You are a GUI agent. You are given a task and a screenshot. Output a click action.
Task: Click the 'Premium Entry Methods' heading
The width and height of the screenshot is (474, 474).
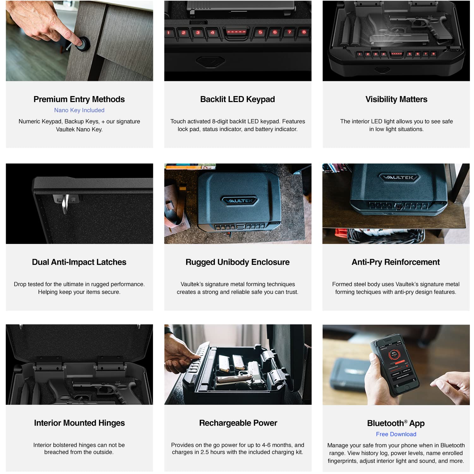79,99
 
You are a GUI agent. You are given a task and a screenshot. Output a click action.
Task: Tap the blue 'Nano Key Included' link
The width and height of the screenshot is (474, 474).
79,110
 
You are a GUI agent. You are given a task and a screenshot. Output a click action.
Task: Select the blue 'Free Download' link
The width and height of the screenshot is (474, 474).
396,434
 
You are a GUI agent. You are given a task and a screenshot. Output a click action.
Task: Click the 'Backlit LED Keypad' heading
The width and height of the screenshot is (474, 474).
238,99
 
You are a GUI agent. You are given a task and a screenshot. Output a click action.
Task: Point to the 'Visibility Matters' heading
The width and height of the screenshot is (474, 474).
396,99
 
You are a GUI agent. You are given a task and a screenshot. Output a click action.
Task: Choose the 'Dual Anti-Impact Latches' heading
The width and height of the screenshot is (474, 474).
79,262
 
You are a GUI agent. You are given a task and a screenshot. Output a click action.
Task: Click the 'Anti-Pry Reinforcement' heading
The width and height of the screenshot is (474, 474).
396,262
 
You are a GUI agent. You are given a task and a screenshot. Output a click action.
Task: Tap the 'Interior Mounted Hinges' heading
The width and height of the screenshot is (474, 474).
79,423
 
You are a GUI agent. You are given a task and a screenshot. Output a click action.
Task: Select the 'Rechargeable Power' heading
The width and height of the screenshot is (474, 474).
238,423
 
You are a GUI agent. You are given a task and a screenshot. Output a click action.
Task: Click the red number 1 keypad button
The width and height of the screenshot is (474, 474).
169,33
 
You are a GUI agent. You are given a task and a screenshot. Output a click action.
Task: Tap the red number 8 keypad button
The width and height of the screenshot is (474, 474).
304,32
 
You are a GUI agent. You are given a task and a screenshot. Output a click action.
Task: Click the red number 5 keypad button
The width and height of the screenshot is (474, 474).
260,32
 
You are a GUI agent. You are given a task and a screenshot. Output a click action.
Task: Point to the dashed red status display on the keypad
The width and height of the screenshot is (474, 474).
236,32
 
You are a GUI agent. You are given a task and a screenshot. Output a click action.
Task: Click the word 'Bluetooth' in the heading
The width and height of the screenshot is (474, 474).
386,423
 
